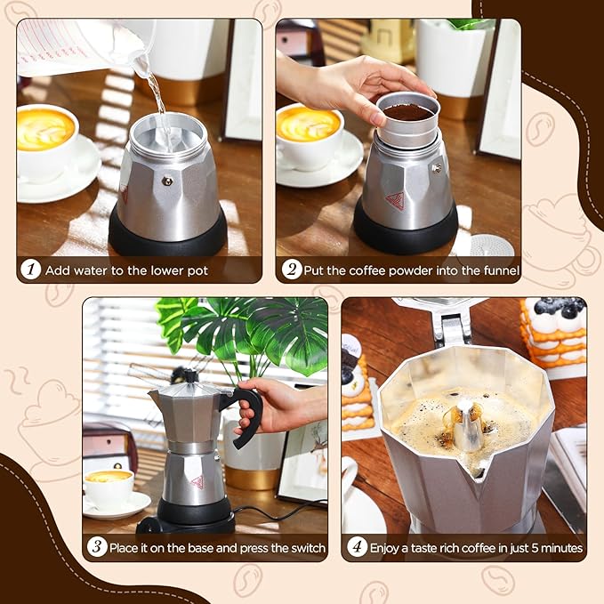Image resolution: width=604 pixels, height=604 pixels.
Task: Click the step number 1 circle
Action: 31,270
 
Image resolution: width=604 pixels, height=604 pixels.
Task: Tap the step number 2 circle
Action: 291,270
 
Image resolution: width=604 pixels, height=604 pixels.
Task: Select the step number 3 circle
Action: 97,547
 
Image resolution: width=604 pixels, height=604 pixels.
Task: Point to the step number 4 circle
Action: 357,547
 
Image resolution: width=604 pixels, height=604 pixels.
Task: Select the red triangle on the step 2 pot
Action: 394,200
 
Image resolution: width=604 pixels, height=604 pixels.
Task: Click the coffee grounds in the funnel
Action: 407,112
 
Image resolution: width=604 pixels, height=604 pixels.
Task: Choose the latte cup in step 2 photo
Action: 308,133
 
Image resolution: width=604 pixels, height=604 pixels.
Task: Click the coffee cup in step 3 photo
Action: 109,487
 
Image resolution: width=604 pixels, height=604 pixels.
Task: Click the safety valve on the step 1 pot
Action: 166,181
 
